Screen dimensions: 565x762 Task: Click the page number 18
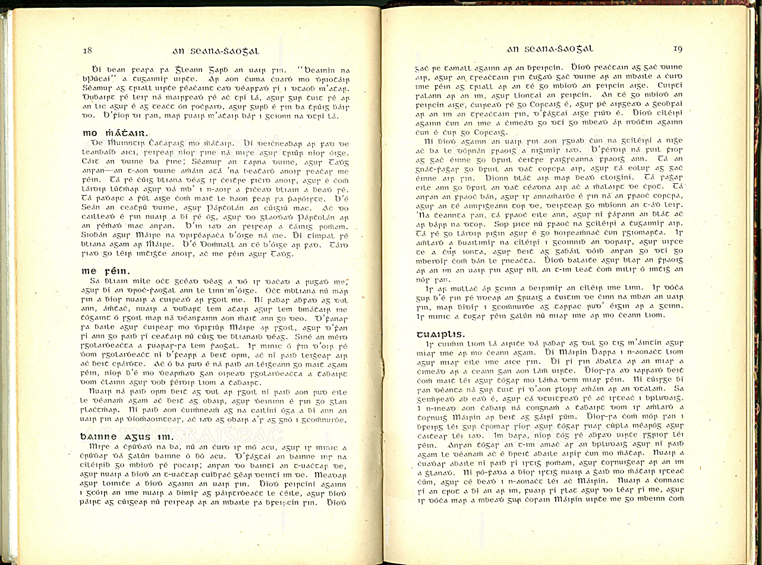pos(87,50)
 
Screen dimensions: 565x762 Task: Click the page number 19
pos(678,49)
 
